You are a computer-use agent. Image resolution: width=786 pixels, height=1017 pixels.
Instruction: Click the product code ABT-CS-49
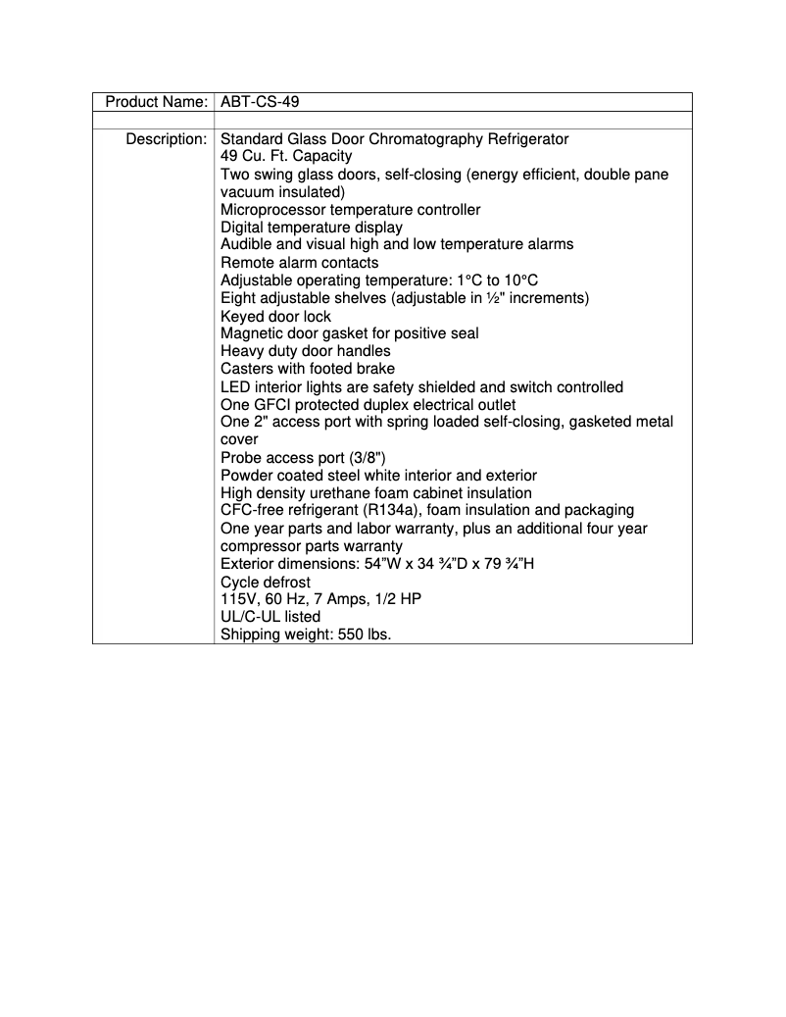point(260,102)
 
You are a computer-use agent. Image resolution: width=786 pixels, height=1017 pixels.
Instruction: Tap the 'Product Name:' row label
point(156,102)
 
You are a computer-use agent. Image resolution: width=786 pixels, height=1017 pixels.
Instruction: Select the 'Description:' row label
point(166,139)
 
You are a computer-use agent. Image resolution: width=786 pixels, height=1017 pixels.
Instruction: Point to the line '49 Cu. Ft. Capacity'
point(286,157)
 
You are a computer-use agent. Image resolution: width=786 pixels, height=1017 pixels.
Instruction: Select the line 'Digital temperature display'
point(311,228)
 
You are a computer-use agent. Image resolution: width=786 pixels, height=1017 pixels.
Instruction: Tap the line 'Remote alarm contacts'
point(299,263)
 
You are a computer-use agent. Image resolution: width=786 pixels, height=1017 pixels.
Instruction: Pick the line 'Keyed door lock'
point(275,317)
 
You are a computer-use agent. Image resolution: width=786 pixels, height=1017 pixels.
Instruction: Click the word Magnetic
point(253,333)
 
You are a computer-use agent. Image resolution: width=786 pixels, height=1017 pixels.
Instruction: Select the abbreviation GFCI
point(272,405)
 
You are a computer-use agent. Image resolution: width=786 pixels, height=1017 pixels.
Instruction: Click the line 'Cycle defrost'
point(266,583)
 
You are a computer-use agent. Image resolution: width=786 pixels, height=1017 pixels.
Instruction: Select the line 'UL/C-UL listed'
point(270,618)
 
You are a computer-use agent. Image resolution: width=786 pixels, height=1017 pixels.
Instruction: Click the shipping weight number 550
point(350,636)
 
